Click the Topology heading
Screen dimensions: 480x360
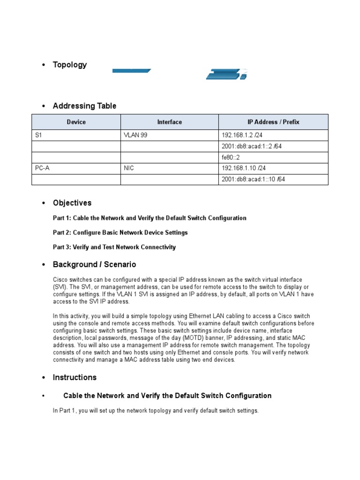coord(69,65)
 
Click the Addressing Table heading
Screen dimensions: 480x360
coord(84,106)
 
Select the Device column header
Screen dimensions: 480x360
coord(76,122)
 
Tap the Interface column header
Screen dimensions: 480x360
coord(169,122)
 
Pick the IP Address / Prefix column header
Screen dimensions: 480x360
coord(273,122)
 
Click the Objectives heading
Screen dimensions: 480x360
coord(72,203)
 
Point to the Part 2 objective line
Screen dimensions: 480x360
coord(120,232)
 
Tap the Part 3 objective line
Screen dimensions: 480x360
coord(114,247)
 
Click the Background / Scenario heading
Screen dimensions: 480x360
coord(94,264)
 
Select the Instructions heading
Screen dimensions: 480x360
coord(75,377)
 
